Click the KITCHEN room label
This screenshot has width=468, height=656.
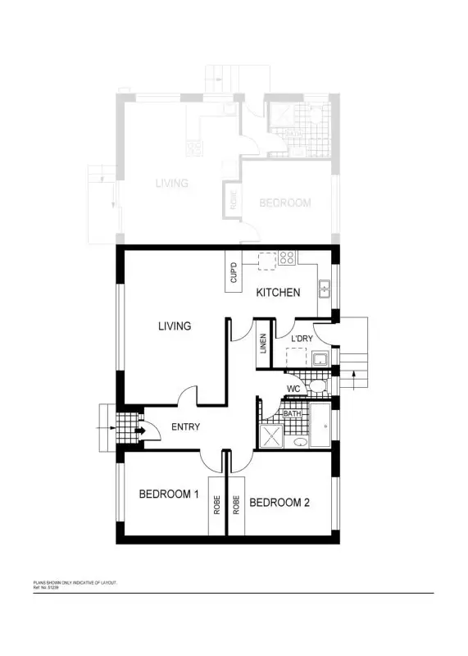pyautogui.click(x=278, y=293)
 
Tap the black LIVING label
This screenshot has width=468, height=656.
pyautogui.click(x=175, y=326)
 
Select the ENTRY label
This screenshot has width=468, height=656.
pyautogui.click(x=185, y=427)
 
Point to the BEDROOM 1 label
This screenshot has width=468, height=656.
pyautogui.click(x=169, y=494)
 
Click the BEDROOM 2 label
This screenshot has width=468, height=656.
pyautogui.click(x=279, y=503)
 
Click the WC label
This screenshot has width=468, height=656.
pyautogui.click(x=293, y=388)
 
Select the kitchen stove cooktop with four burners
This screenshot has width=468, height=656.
pyautogui.click(x=287, y=257)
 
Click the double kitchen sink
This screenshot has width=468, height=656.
pyautogui.click(x=325, y=288)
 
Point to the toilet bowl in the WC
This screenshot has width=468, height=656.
pyautogui.click(x=320, y=385)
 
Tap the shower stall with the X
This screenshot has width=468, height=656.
pyautogui.click(x=270, y=436)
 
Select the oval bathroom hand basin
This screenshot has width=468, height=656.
pyautogui.click(x=299, y=443)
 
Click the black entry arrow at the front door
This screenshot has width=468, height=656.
pyautogui.click(x=139, y=427)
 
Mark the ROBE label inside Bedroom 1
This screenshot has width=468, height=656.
pyautogui.click(x=217, y=504)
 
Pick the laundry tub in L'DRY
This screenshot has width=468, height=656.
pyautogui.click(x=320, y=358)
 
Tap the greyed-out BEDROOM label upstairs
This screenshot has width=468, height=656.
pyautogui.click(x=284, y=203)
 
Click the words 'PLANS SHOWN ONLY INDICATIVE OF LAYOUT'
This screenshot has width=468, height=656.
pyautogui.click(x=73, y=581)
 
